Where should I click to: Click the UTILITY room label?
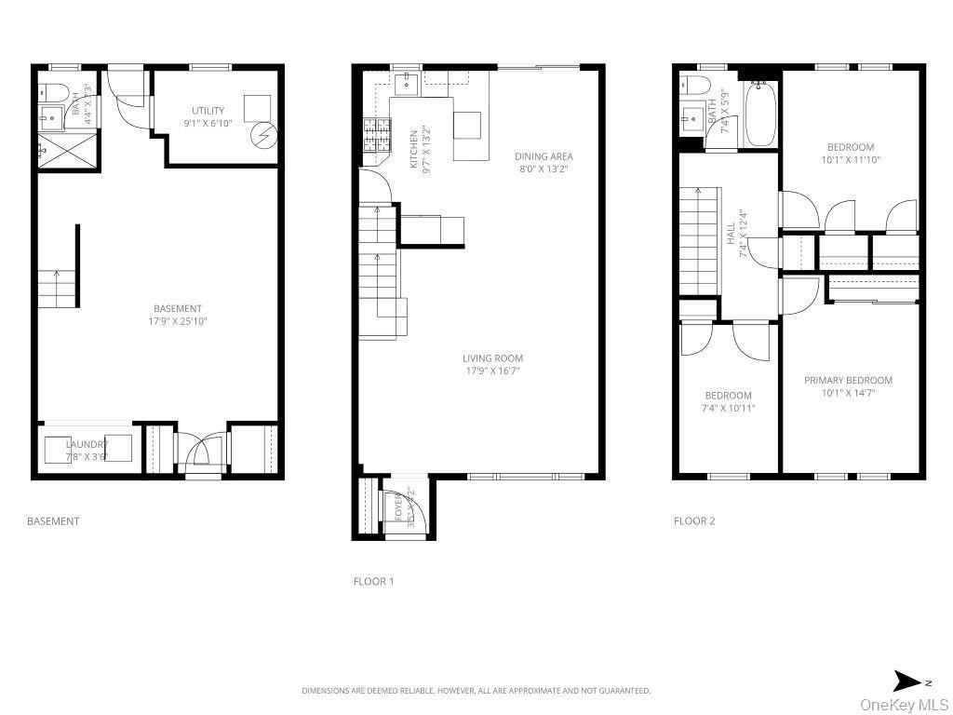click(x=208, y=111)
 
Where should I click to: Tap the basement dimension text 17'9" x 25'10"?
click(x=178, y=321)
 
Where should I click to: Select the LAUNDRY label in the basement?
click(x=87, y=444)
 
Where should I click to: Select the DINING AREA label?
click(x=544, y=156)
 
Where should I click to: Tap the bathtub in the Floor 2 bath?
click(x=759, y=114)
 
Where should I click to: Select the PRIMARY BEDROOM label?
click(x=848, y=380)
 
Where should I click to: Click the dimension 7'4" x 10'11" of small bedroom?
click(x=728, y=408)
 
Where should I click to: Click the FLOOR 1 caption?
click(x=373, y=582)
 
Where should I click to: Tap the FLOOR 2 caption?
click(x=694, y=521)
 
